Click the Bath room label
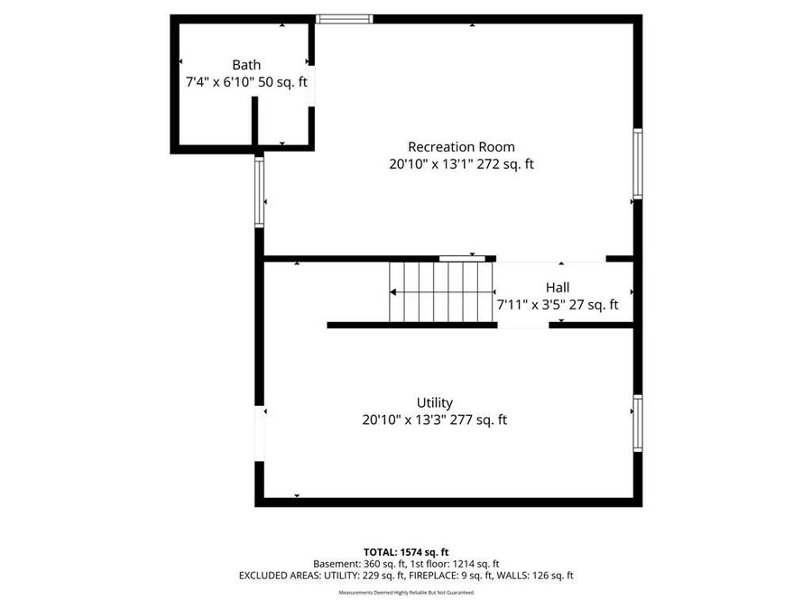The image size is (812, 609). (x=246, y=65)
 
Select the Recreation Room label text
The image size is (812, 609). (x=461, y=147)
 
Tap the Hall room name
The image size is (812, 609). (x=558, y=288)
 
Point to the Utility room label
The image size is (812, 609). (x=434, y=402)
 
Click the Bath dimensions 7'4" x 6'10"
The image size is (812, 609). (x=222, y=82)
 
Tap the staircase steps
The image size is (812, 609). (x=441, y=291)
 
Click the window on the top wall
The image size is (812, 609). (x=344, y=18)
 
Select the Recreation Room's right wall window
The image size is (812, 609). (x=637, y=163)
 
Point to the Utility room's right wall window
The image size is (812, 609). (x=637, y=422)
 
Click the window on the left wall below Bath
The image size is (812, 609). (x=259, y=192)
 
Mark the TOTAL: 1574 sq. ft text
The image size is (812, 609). (x=406, y=551)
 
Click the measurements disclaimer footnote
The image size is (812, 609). (x=406, y=593)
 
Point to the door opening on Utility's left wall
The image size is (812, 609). (x=260, y=434)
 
